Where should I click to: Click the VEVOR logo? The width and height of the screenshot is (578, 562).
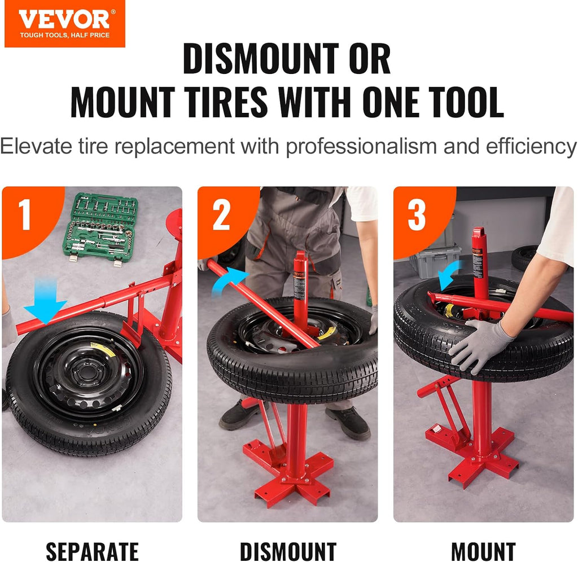point(64,23)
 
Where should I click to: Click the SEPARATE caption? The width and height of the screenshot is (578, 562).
point(92,551)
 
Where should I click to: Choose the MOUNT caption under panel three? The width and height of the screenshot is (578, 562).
point(483,551)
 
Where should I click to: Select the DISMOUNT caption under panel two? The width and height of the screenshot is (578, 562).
point(288,551)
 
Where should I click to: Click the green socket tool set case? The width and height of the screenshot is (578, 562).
point(101,226)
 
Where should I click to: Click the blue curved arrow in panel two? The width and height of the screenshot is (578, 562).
point(228,281)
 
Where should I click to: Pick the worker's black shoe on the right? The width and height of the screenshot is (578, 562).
point(348,423)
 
